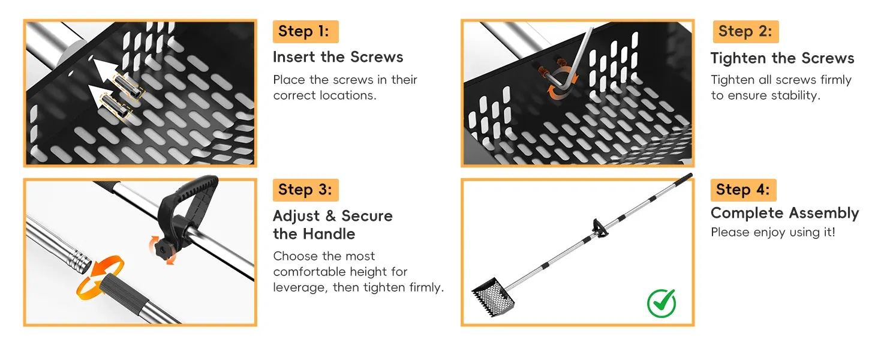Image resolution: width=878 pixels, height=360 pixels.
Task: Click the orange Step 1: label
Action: tap(305, 31)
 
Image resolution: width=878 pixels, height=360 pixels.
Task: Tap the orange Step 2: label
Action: tap(745, 31)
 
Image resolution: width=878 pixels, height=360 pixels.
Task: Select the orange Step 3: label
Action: tap(305, 190)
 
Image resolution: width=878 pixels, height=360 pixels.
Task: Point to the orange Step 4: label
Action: tap(743, 190)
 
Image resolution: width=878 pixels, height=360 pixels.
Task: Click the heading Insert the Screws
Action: tap(338, 57)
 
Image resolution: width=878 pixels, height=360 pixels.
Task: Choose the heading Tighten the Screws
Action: tap(783, 58)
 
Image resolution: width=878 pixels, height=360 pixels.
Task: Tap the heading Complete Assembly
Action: tap(784, 213)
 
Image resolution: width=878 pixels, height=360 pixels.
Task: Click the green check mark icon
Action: tap(661, 303)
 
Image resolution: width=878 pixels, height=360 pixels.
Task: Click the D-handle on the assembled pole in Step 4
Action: tap(600, 228)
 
